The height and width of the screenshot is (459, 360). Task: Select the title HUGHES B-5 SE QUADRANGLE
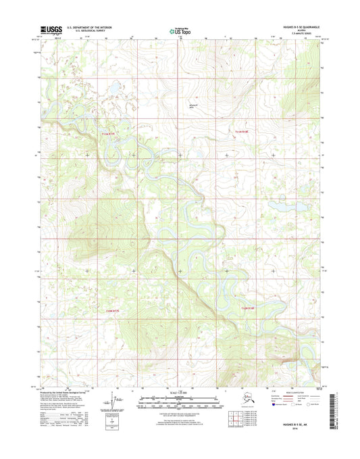click(x=295, y=27)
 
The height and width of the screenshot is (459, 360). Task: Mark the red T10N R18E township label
click(x=249, y=309)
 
